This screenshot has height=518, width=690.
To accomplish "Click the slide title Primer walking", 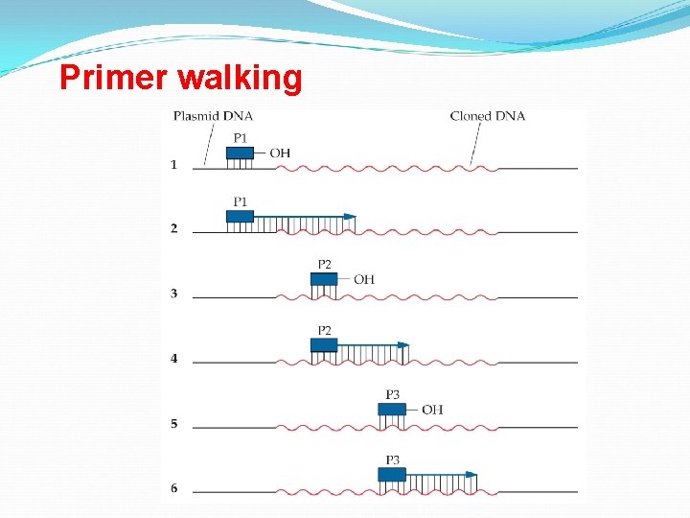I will coord(180,77).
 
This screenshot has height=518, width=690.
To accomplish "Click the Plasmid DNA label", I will coord(213,116).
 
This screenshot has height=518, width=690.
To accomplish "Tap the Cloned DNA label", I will coord(488,116).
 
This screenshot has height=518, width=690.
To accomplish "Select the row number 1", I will coord(173,165).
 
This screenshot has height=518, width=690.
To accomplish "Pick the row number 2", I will coord(173,228).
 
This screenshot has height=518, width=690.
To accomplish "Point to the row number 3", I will coord(173,294).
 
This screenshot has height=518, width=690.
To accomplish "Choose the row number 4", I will coord(173,359).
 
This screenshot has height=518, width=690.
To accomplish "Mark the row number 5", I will coord(173,424).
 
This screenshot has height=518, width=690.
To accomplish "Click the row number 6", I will coord(173,488).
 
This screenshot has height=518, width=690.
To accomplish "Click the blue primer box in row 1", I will coord(240,153).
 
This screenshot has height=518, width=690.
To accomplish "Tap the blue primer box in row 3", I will coord(324,279).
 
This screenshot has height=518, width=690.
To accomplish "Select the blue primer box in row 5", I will coord(392,410).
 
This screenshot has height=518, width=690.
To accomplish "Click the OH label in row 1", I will coord(280,153).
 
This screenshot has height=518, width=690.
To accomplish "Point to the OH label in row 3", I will coord(364,280).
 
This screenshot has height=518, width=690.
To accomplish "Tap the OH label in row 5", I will coord(432,410).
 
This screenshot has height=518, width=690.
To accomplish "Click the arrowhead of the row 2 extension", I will coord(350,217).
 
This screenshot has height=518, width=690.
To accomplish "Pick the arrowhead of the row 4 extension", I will coord(403,344).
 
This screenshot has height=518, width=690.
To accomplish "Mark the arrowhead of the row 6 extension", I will coord(471,474).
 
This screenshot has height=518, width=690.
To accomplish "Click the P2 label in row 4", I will coord(325,330).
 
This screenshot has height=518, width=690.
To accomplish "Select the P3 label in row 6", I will coord(393,460).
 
